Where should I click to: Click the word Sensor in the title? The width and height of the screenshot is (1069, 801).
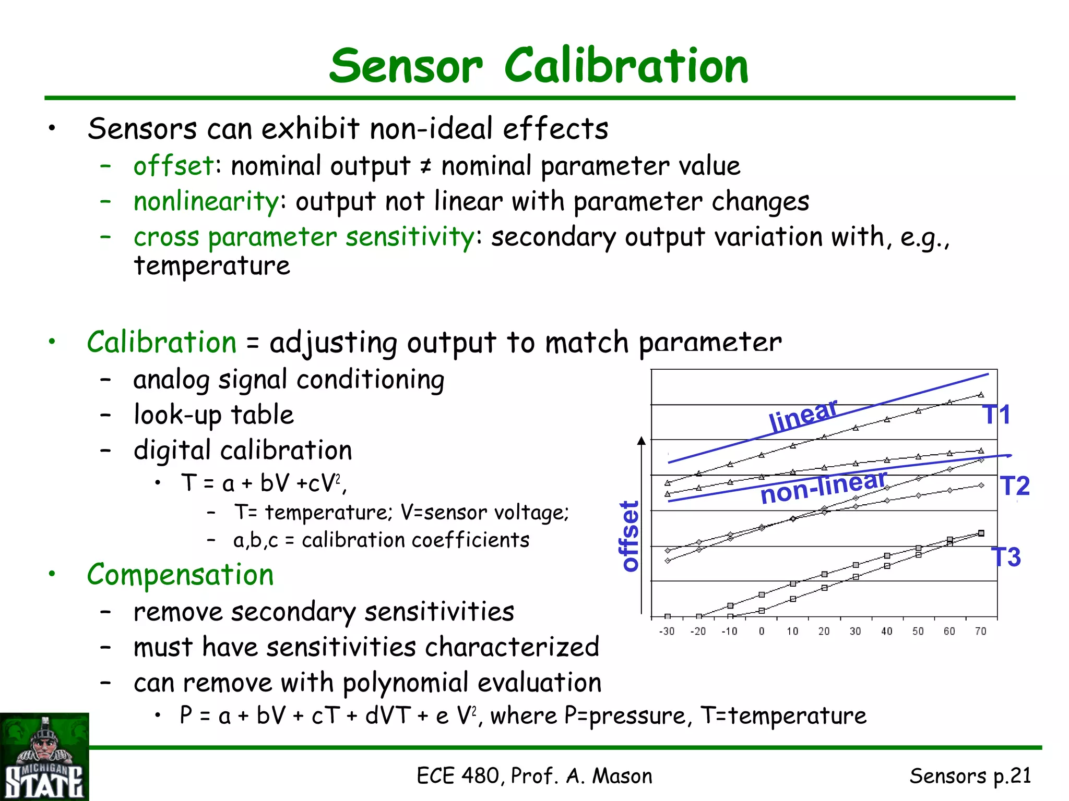pos(406,66)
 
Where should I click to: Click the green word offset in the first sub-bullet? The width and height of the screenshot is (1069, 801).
pos(173,166)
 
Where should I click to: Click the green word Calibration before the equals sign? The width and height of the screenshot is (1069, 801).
pos(162,343)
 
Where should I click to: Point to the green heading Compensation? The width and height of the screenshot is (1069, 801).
pos(180,575)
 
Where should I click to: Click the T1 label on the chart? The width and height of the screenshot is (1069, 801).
pos(996,415)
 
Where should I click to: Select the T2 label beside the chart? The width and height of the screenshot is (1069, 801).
pos(1015,486)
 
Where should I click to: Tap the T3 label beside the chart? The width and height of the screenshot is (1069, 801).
pos(1006,557)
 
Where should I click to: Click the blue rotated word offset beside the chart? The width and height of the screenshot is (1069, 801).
pos(629,536)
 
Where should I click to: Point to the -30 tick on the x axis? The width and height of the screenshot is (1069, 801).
pos(667,632)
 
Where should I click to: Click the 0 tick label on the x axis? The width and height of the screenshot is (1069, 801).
pos(762,632)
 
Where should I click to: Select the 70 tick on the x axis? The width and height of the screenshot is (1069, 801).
pos(981,632)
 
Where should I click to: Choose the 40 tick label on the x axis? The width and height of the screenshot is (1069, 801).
pos(887,632)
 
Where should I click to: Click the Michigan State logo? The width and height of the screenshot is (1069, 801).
pos(44,757)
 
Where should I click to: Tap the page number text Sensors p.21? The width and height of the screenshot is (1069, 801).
pos(970,776)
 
